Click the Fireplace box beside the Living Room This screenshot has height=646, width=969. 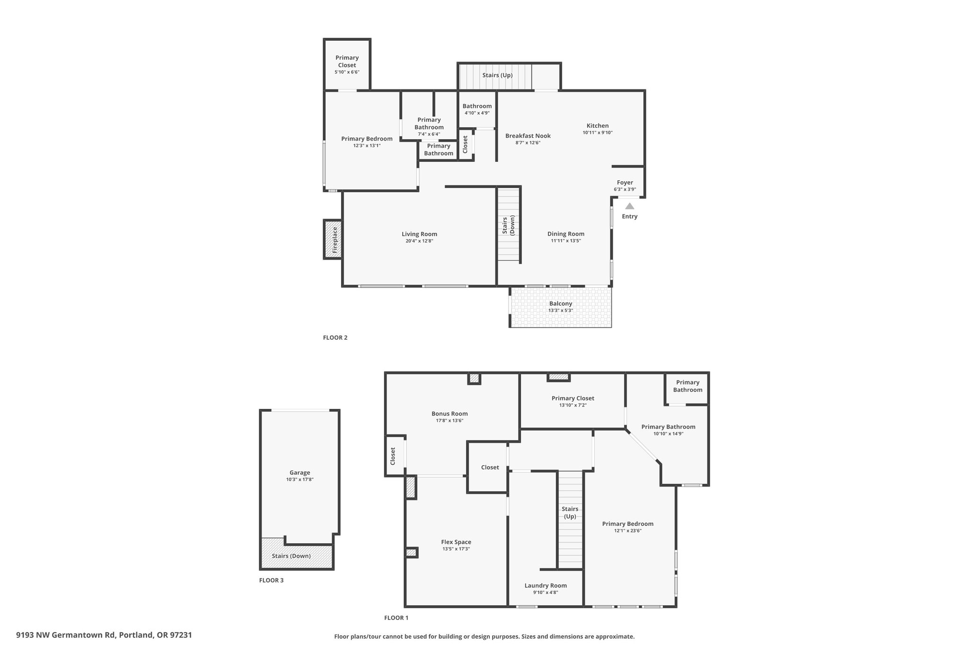pyautogui.click(x=333, y=239)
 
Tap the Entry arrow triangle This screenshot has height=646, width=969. pyautogui.click(x=629, y=206)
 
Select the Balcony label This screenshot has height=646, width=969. pyautogui.click(x=561, y=304)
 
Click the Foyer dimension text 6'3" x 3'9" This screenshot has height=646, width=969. pyautogui.click(x=625, y=189)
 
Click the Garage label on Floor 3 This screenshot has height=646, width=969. pyautogui.click(x=300, y=472)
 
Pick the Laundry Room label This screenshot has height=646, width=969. pyautogui.click(x=546, y=585)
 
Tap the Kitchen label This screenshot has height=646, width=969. pyautogui.click(x=598, y=126)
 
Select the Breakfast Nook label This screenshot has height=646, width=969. pyautogui.click(x=528, y=136)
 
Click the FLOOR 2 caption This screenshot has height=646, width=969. pyautogui.click(x=335, y=338)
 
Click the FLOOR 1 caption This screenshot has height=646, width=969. pyautogui.click(x=396, y=618)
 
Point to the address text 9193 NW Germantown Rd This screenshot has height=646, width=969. pyautogui.click(x=66, y=635)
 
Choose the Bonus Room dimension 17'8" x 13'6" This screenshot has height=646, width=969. pyautogui.click(x=449, y=420)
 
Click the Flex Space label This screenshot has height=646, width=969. pyautogui.click(x=456, y=542)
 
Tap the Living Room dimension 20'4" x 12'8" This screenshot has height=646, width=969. pyautogui.click(x=419, y=241)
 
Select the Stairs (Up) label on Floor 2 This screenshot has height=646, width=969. pyautogui.click(x=497, y=75)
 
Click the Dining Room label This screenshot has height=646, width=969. pyautogui.click(x=566, y=234)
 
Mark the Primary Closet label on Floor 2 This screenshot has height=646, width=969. pyautogui.click(x=347, y=62)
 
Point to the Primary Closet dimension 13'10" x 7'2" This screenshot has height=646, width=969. pyautogui.click(x=573, y=405)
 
